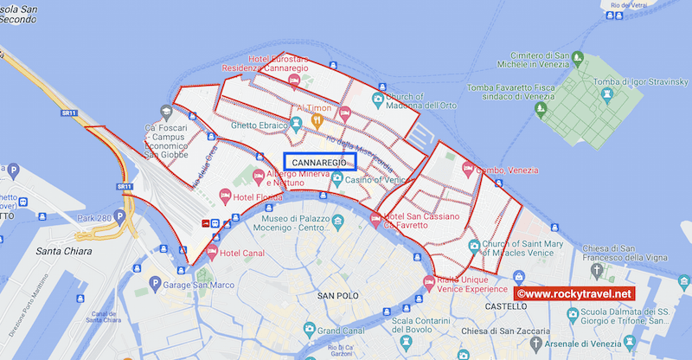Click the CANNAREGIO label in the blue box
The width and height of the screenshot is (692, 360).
319,163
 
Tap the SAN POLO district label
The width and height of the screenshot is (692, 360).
337,297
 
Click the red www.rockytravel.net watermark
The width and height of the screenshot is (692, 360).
574,294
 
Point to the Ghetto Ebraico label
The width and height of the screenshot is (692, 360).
258,126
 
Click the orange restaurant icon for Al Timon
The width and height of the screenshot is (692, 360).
317,118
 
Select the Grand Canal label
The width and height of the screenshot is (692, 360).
339,331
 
